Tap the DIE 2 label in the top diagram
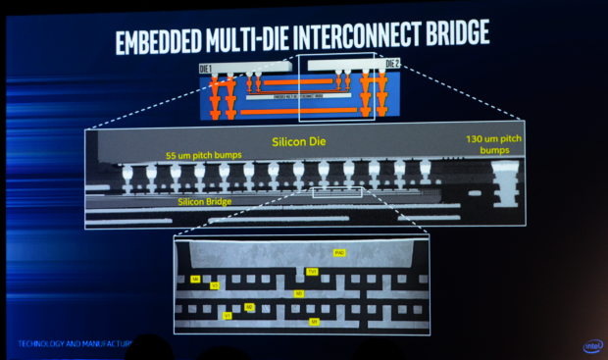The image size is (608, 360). click(392, 65)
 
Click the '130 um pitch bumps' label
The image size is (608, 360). click(495, 145)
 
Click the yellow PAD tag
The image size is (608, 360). click(339, 253)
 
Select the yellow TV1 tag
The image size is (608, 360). click(312, 271)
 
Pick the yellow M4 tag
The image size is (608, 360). click(196, 280)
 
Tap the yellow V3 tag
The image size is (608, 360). click(215, 285)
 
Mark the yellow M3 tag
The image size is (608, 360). click(299, 292)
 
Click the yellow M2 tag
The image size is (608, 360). click(249, 307)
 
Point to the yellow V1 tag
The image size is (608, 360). click(228, 316)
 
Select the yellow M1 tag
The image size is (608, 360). click(314, 321)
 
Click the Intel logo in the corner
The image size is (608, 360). click(593, 345)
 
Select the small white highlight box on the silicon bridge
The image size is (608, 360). click(336, 193)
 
